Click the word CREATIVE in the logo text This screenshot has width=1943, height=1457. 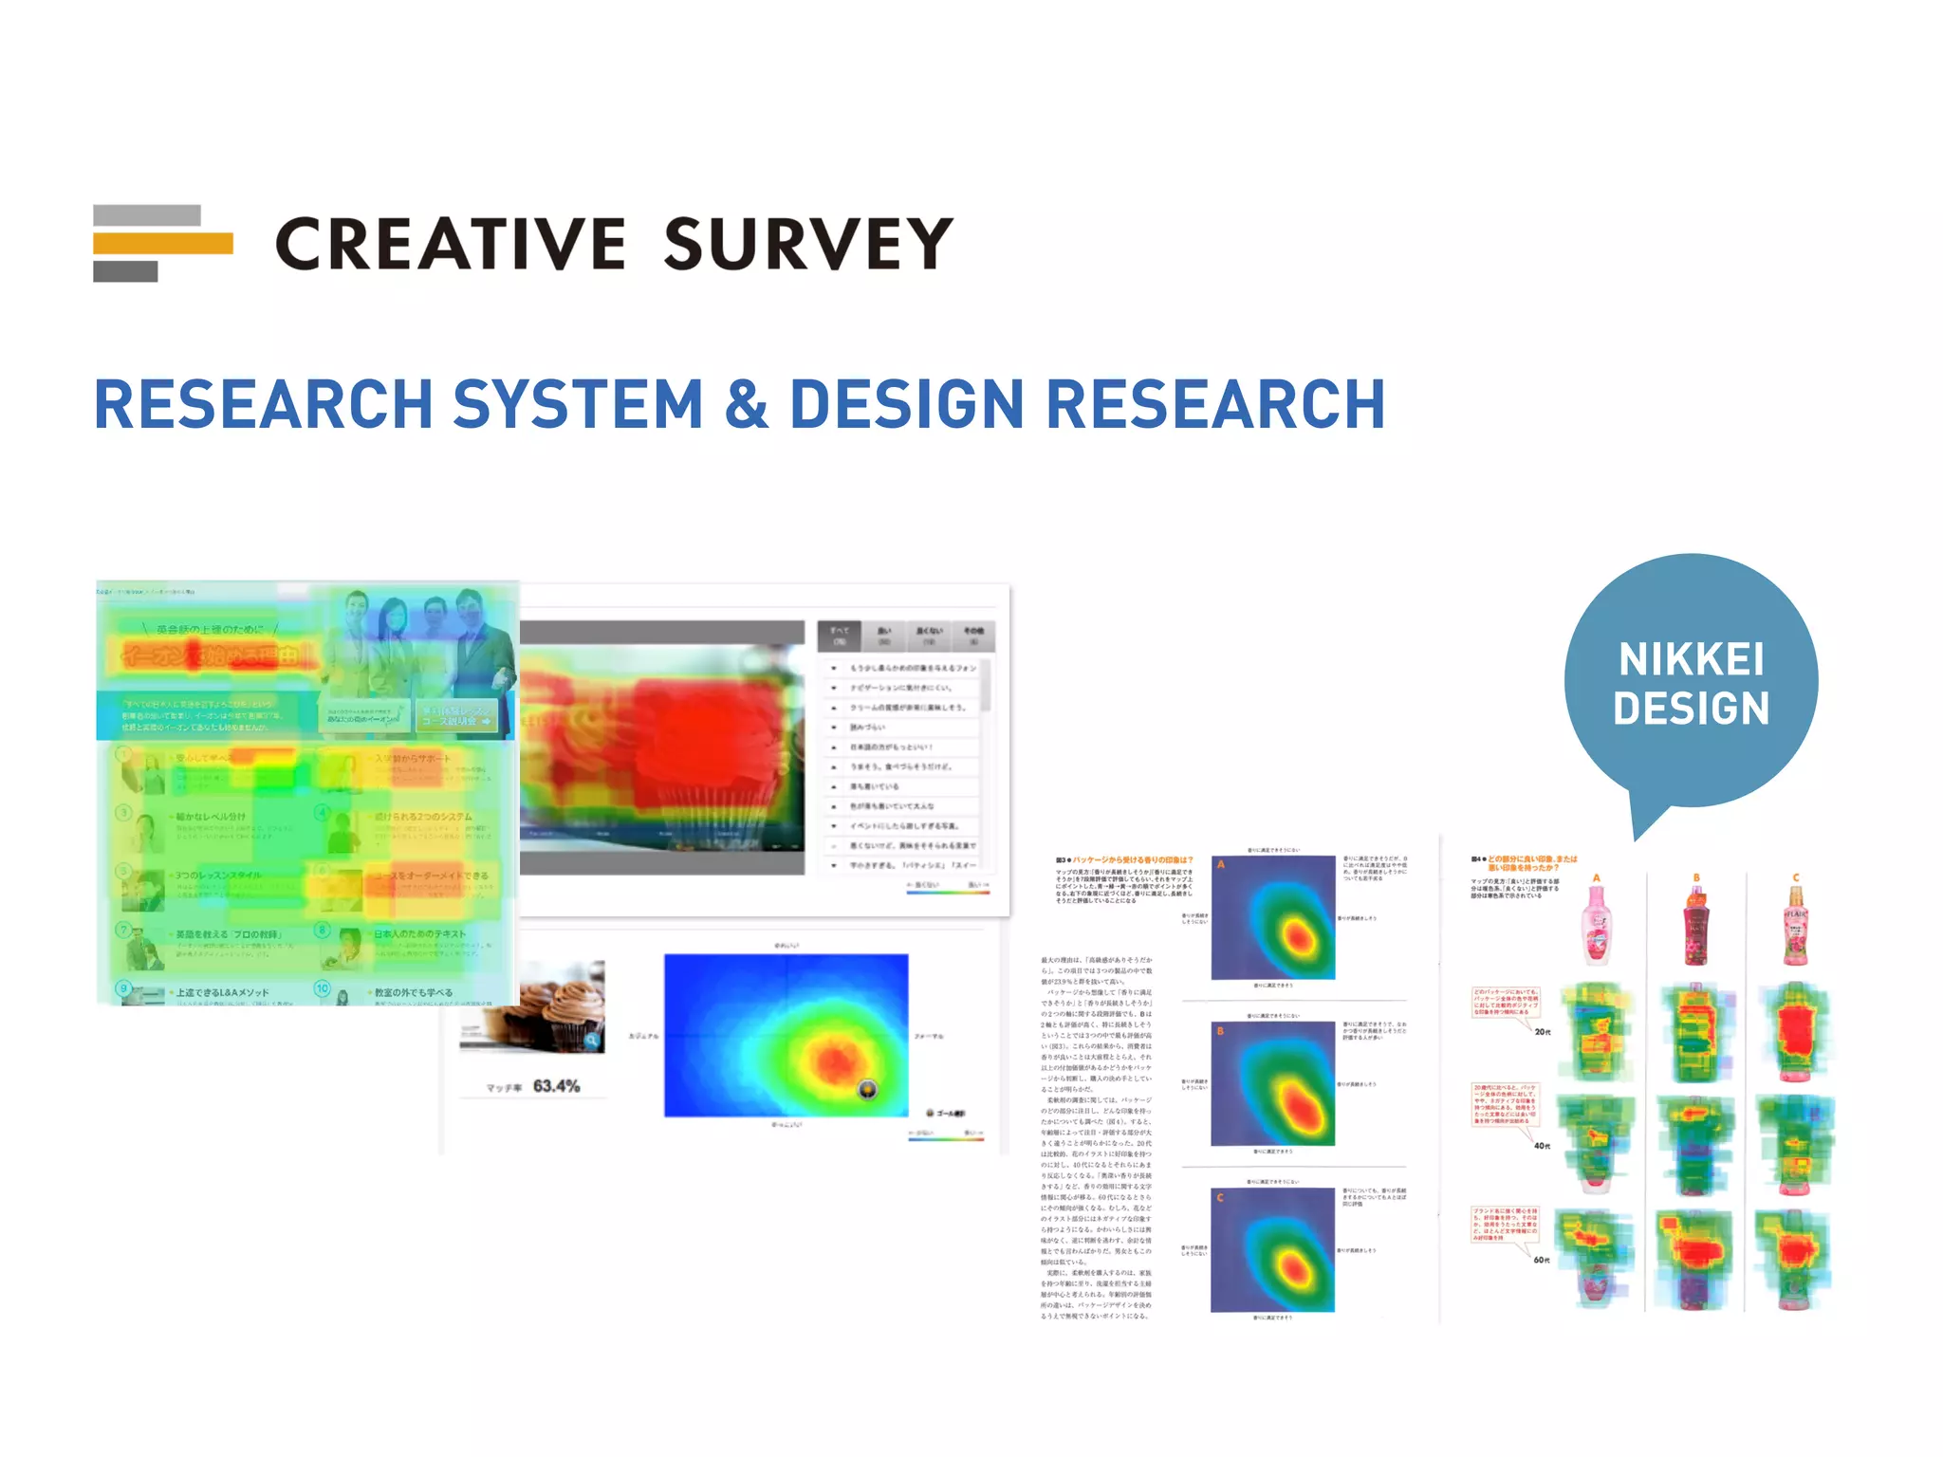pyautogui.click(x=450, y=244)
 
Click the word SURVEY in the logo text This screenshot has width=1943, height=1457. pyautogui.click(x=807, y=244)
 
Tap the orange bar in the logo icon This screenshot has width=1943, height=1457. pyautogui.click(x=162, y=244)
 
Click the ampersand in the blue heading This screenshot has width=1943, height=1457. pyautogui.click(x=746, y=405)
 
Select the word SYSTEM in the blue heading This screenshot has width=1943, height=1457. pyautogui.click(x=577, y=405)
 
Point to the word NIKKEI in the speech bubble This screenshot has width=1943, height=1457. pyautogui.click(x=1691, y=659)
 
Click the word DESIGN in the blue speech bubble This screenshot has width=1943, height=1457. pyautogui.click(x=1691, y=709)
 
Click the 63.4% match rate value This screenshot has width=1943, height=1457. pyautogui.click(x=556, y=1086)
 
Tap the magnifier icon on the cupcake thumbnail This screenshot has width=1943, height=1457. pyautogui.click(x=592, y=1041)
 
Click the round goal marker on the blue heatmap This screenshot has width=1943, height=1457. pyautogui.click(x=867, y=1089)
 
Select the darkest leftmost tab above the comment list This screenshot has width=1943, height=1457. pyautogui.click(x=840, y=636)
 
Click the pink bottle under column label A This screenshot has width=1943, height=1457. pyautogui.click(x=1597, y=926)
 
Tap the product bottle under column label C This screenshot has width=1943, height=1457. pyautogui.click(x=1795, y=926)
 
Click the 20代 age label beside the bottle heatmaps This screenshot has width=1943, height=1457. pyautogui.click(x=1543, y=1032)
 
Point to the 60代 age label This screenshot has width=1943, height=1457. pyautogui.click(x=1542, y=1260)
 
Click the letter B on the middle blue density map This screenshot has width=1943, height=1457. pyautogui.click(x=1221, y=1031)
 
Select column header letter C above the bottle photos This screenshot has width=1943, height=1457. pyautogui.click(x=1795, y=878)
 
